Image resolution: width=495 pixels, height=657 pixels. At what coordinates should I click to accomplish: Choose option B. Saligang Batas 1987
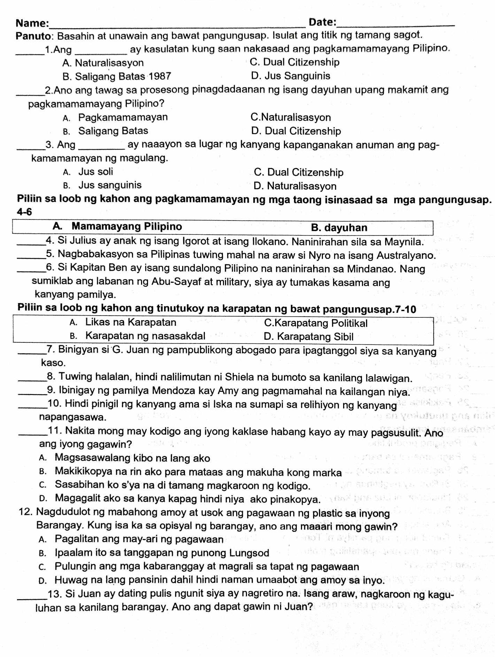(x=117, y=76)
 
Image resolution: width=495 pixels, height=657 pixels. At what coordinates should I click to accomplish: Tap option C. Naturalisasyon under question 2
(x=291, y=117)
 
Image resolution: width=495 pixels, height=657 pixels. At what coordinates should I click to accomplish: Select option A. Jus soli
(x=88, y=172)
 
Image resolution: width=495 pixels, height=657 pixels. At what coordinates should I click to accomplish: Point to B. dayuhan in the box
(x=339, y=228)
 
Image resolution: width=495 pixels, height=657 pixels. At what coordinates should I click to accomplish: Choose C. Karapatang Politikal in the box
(x=316, y=323)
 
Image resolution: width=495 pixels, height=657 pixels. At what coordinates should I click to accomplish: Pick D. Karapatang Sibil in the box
(x=309, y=337)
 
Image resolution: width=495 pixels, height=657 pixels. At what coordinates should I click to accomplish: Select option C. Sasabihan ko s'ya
(x=175, y=485)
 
